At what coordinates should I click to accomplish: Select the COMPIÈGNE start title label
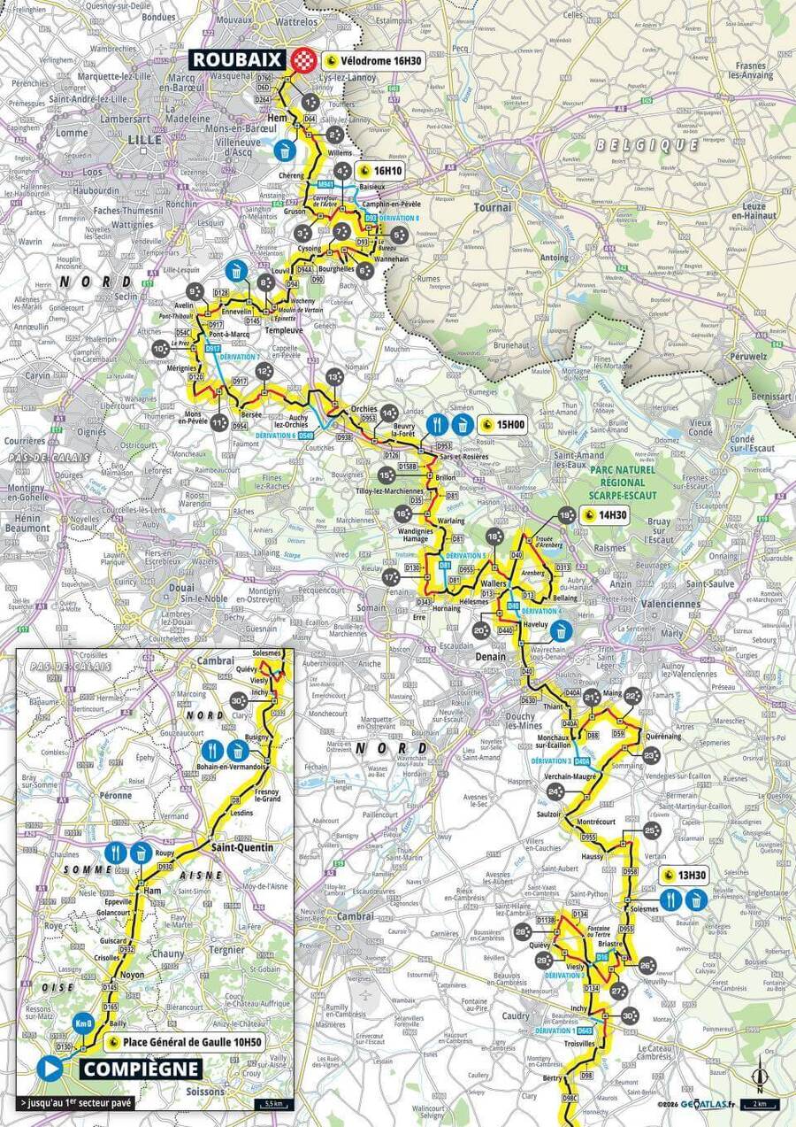(141, 1069)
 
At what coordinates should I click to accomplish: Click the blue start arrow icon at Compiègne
(50, 1069)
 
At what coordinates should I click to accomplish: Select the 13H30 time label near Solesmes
(687, 876)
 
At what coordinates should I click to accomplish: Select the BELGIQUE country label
(647, 144)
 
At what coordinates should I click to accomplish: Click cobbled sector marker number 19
(566, 516)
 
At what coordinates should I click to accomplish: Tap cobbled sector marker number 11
(218, 422)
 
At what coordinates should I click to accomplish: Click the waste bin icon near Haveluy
(562, 630)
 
